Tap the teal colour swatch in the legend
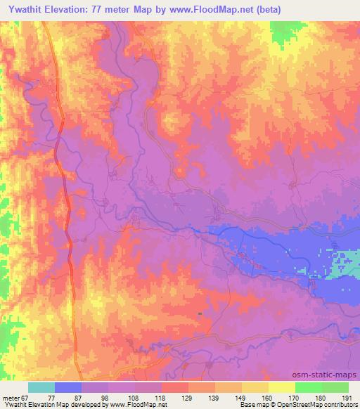tap(41, 387)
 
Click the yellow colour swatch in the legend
tap(282, 387)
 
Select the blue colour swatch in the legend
tap(68, 387)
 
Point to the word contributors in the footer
tap(338, 405)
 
